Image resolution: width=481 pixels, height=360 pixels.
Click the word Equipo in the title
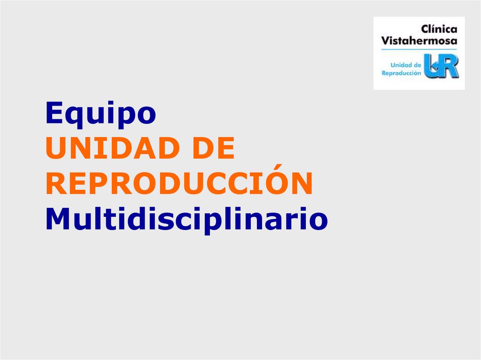point(101,115)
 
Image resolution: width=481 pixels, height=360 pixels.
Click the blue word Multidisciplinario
point(186,219)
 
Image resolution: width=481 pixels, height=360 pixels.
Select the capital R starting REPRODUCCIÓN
point(55,184)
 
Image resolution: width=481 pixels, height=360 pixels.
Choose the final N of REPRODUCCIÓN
point(302,184)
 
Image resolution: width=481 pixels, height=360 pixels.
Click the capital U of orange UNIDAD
point(55,149)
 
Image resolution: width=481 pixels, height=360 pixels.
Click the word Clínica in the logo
point(439,29)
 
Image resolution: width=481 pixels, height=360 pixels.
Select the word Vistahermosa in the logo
point(419,41)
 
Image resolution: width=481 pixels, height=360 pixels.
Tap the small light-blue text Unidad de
point(406,65)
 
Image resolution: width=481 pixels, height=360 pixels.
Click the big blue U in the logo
point(432,66)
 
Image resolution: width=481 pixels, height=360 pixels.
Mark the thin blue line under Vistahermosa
point(419,49)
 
